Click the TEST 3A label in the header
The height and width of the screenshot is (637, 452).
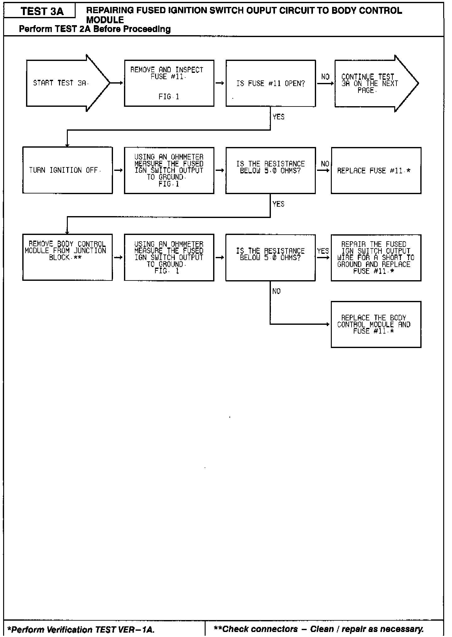pos(42,12)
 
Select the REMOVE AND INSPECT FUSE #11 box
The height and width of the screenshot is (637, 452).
pos(169,83)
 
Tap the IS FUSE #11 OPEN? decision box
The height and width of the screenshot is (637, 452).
pos(270,84)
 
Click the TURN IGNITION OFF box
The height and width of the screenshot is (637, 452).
pos(67,171)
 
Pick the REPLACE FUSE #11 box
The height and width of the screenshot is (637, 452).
pos(376,171)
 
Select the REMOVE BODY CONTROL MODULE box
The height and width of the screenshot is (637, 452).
pos(67,257)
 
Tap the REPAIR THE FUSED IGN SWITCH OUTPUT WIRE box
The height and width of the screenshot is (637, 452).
pos(376,258)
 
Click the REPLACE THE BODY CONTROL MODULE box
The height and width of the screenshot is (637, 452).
pos(376,324)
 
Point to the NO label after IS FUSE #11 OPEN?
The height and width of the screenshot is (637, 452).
pos(325,77)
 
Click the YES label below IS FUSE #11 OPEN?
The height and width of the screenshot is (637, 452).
pos(278,117)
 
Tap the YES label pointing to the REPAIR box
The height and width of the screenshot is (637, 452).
pos(323,251)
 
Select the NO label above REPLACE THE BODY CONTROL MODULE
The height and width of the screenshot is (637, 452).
pos(277,291)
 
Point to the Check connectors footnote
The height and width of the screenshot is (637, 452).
pos(319,629)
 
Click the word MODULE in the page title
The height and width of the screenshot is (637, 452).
pos(105,20)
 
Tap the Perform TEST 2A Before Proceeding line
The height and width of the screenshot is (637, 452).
pos(95,29)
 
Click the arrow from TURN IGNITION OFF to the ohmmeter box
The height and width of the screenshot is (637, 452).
pos(118,171)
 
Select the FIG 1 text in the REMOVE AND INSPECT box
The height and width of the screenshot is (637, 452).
pos(169,97)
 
